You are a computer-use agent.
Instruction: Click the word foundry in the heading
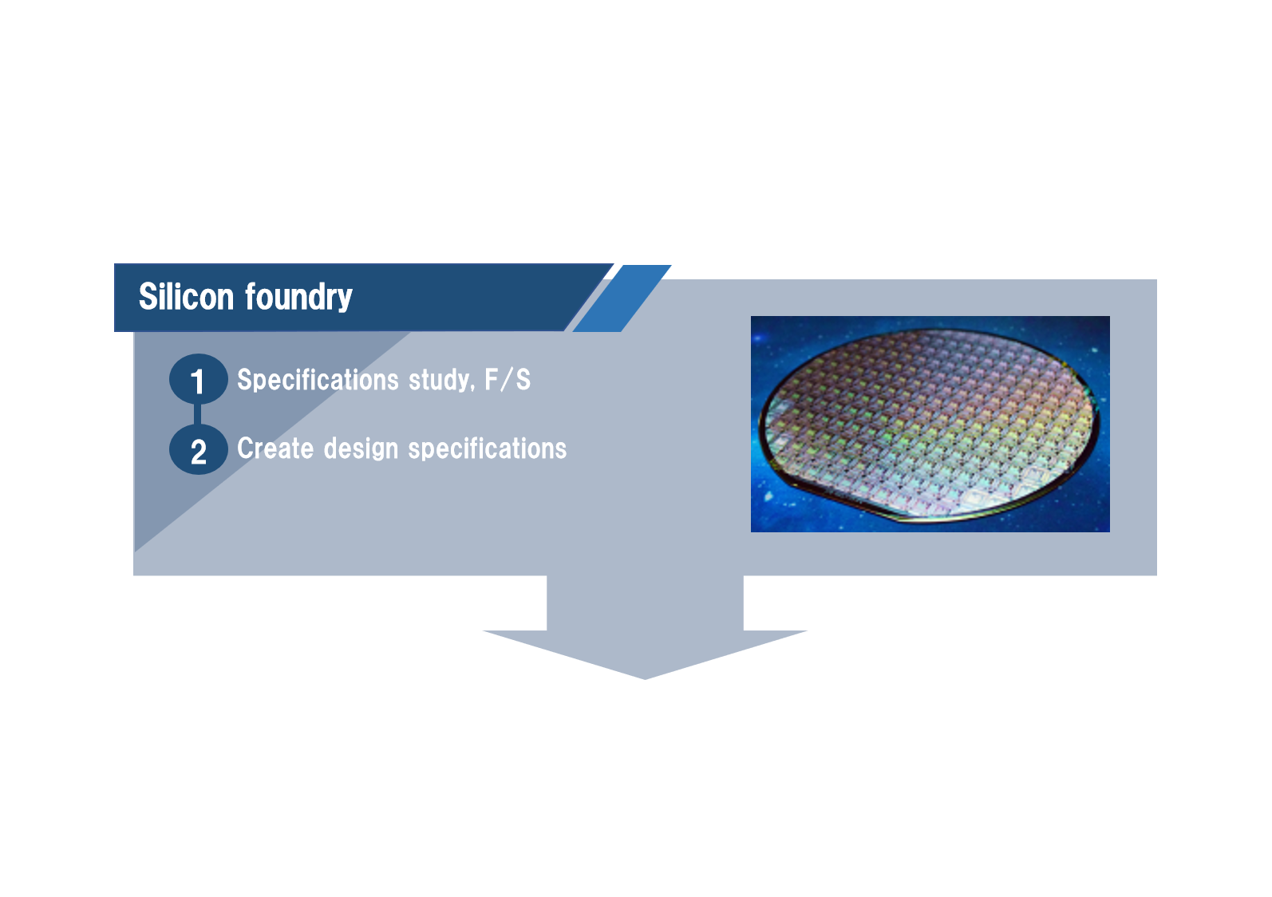tap(298, 298)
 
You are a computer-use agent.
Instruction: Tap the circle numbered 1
tap(198, 380)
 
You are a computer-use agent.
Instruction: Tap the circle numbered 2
tap(198, 451)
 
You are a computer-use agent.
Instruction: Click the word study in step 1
tap(440, 381)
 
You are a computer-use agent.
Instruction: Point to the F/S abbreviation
tap(508, 380)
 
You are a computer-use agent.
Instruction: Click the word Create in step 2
tap(275, 448)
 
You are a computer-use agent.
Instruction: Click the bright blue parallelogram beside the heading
tap(622, 298)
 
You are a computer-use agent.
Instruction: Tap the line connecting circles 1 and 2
tap(198, 415)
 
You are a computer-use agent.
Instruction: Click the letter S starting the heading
tap(148, 297)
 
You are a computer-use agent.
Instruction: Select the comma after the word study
tap(473, 389)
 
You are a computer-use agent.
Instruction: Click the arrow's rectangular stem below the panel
tap(645, 603)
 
